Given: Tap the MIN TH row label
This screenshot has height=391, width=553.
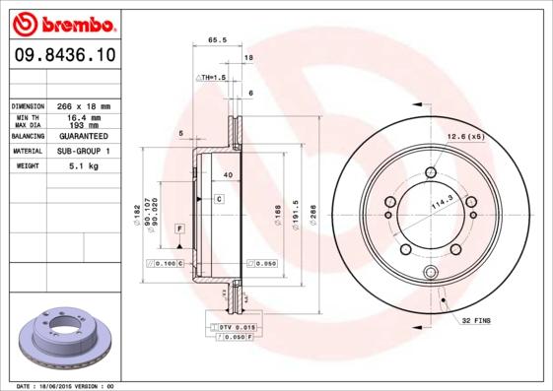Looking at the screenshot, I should (27, 117).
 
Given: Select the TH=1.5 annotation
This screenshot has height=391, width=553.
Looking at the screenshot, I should (213, 76).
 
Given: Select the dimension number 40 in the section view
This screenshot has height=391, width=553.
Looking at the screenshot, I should (229, 174).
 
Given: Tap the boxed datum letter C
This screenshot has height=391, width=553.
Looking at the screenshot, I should (219, 199).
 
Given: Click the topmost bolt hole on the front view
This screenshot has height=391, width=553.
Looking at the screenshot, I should (433, 174).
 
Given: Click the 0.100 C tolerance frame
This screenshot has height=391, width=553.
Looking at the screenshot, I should (165, 264).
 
